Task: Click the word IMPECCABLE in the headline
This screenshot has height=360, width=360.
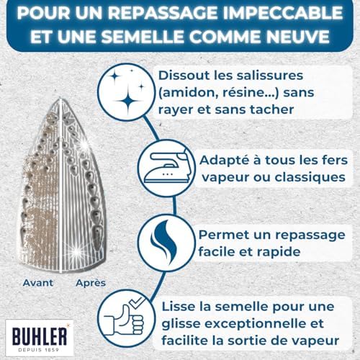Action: click(x=283, y=13)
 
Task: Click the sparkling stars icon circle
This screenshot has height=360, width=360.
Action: click(x=127, y=92)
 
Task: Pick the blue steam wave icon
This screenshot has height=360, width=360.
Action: click(x=163, y=243)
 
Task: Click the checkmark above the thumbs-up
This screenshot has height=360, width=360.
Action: click(x=137, y=302)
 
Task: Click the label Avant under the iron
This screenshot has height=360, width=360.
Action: click(x=38, y=283)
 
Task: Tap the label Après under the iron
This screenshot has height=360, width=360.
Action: click(x=91, y=283)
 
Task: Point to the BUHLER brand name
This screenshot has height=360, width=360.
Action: click(x=40, y=336)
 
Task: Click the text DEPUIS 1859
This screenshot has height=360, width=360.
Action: click(x=39, y=350)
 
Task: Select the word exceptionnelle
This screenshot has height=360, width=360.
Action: click(x=255, y=324)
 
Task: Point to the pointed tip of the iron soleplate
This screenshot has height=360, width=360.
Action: click(x=60, y=99)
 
